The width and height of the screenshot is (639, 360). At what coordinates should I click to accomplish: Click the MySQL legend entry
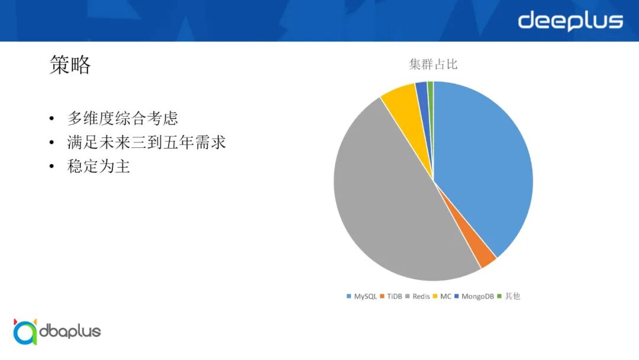(x=362, y=296)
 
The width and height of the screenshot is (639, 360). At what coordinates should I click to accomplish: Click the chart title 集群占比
(x=433, y=65)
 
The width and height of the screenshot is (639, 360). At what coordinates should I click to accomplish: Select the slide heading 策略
(x=70, y=65)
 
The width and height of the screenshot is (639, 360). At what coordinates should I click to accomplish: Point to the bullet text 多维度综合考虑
(x=122, y=118)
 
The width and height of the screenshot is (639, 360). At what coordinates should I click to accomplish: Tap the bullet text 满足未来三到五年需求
(x=147, y=143)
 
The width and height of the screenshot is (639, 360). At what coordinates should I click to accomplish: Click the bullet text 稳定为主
(x=99, y=166)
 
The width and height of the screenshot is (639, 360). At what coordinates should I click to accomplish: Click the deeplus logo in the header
(x=570, y=21)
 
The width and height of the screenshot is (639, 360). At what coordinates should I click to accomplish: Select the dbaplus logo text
(x=70, y=331)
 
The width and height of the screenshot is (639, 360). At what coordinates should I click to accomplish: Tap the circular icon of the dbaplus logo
(x=25, y=332)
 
